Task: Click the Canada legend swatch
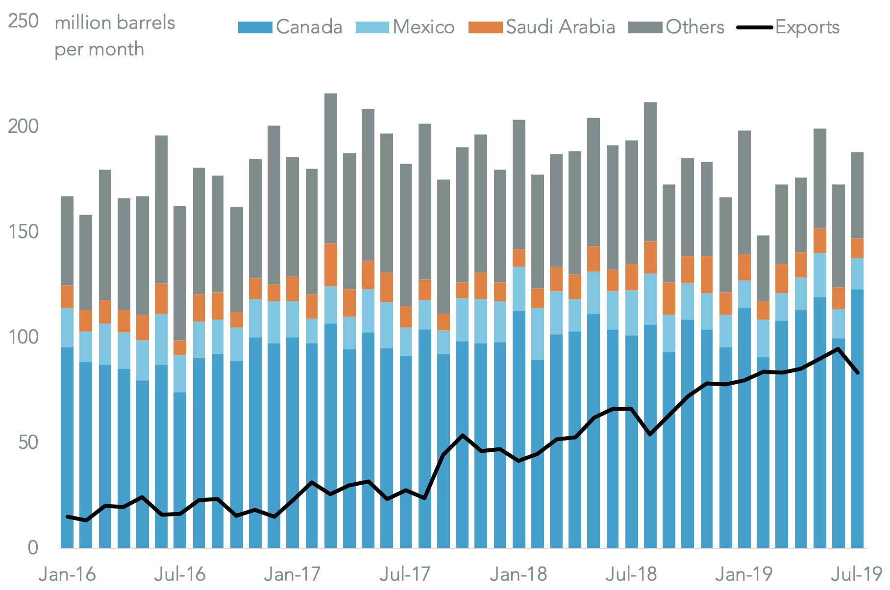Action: (x=255, y=27)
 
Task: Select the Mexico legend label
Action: (x=423, y=27)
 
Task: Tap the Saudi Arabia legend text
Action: (x=560, y=27)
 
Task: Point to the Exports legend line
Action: (x=755, y=27)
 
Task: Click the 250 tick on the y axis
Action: (x=23, y=22)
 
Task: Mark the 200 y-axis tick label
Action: (x=23, y=126)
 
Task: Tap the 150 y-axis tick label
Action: (x=23, y=232)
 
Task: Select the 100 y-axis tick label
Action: (x=23, y=337)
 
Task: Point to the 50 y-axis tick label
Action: (x=28, y=442)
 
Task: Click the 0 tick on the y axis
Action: (x=33, y=547)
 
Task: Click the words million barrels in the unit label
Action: (x=115, y=23)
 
